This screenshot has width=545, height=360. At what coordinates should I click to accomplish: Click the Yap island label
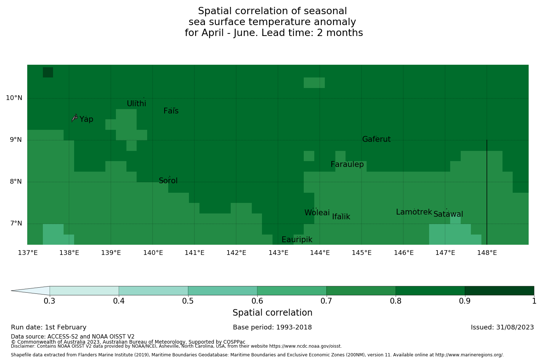click(86, 119)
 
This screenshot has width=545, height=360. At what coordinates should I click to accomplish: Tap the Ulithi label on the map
click(136, 104)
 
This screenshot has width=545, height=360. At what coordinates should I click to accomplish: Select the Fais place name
click(171, 111)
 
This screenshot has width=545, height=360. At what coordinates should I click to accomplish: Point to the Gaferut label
click(376, 139)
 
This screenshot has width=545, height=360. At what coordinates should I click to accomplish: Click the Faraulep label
click(347, 164)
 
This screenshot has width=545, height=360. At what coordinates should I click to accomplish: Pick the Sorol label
click(168, 181)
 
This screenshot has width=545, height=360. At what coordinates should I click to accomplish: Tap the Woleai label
click(317, 213)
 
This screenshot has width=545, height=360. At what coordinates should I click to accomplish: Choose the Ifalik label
click(341, 217)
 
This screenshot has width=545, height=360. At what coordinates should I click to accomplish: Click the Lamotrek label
click(414, 212)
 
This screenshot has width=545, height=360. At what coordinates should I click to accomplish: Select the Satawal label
click(448, 214)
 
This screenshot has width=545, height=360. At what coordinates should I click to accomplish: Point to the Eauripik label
click(297, 240)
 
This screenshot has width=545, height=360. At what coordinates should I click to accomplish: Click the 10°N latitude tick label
click(14, 98)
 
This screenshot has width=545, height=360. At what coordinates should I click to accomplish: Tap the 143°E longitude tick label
click(278, 253)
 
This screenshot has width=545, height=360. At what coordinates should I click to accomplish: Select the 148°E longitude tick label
click(487, 253)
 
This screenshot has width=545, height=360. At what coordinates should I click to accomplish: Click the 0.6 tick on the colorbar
click(257, 301)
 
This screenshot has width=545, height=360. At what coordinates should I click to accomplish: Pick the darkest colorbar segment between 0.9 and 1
click(499, 291)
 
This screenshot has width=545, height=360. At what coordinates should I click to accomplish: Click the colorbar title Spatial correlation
click(272, 313)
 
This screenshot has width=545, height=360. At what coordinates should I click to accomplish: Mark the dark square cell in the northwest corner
click(48, 72)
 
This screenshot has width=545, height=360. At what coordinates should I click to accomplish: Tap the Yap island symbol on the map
click(74, 117)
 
